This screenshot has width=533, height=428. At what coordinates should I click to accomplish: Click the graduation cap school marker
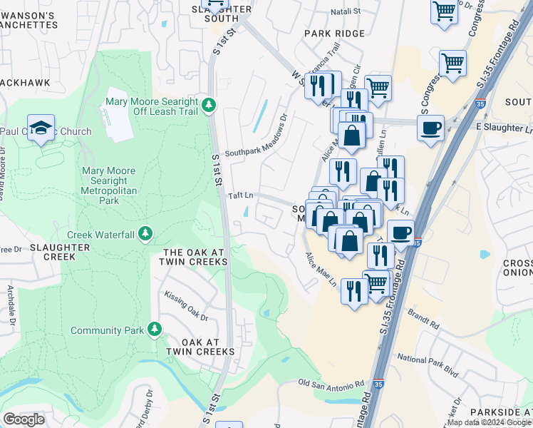coord(41,128)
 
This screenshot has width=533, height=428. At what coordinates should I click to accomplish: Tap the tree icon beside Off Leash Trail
coord(208,106)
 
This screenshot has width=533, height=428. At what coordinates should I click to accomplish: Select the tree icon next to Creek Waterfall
coord(145,234)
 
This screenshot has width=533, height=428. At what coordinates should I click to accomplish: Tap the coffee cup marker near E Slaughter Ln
coord(430,128)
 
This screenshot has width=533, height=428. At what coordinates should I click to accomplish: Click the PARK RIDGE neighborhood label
coord(334,34)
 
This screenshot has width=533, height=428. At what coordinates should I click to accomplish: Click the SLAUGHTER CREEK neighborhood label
coord(60,252)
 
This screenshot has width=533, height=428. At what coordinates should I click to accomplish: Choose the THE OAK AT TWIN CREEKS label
coord(195,258)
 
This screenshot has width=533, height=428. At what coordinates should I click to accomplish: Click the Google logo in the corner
coord(24,419)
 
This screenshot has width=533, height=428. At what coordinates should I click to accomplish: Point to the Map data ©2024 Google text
coord(488,422)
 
